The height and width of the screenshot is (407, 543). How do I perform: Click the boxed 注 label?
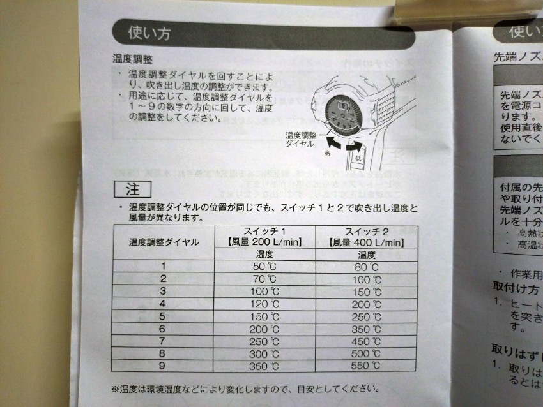(132, 189)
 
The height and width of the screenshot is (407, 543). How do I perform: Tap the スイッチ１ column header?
(264, 230)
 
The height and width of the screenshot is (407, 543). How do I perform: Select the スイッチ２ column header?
(366, 230)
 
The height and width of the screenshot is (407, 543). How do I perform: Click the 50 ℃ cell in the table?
(264, 267)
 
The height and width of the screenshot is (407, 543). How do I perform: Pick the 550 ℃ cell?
(366, 366)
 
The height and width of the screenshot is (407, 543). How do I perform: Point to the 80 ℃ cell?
(366, 267)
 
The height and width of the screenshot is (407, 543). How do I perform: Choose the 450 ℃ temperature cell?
(366, 341)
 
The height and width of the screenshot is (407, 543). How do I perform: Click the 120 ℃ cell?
(264, 304)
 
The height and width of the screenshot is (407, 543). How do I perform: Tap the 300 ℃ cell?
(264, 353)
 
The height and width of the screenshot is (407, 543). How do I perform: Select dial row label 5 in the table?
(164, 316)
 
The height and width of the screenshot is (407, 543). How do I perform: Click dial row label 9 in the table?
(164, 366)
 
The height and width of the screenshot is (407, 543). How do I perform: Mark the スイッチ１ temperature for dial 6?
(264, 329)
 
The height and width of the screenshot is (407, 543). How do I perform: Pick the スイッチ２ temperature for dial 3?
(366, 292)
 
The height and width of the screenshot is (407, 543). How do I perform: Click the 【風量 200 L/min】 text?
(264, 242)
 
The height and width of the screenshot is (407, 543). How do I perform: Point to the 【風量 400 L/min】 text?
(366, 242)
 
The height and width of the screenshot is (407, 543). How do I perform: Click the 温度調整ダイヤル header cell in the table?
(164, 242)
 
